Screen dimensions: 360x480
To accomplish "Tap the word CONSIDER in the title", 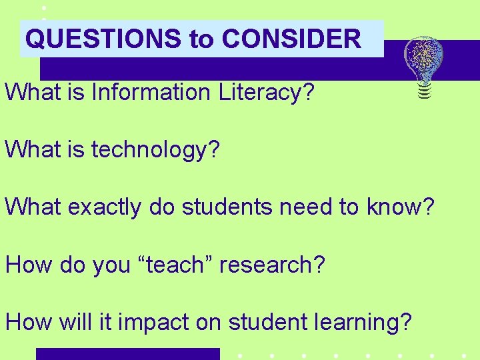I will click(291, 39).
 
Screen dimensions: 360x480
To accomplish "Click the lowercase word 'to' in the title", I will click(201, 39).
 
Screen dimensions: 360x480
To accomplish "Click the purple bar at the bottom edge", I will click(127, 354).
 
